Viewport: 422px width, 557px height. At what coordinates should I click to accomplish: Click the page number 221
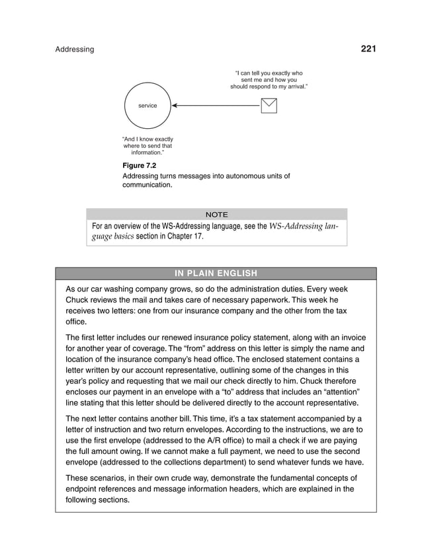tap(368, 49)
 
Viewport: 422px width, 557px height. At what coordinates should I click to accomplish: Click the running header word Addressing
tap(74, 50)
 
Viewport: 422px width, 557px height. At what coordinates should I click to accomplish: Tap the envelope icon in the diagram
tap(269, 106)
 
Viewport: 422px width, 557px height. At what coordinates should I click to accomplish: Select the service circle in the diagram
tap(148, 106)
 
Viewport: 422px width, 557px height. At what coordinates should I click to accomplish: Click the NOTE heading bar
tap(216, 214)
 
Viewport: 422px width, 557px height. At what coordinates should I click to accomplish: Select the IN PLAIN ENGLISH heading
tap(216, 274)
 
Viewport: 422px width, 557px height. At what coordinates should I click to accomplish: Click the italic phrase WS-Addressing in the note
tap(296, 226)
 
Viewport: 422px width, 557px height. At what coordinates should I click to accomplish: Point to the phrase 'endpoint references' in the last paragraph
tap(105, 489)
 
